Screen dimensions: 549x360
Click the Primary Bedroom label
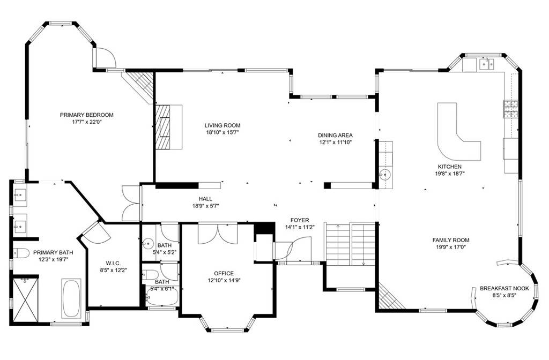click(x=86, y=115)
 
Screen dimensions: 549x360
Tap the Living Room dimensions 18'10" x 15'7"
click(x=222, y=132)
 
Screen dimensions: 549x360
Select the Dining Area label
click(x=335, y=135)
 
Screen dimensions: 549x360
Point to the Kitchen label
click(x=450, y=167)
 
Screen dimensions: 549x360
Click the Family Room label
click(x=450, y=240)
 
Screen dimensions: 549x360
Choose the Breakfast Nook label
click(x=504, y=288)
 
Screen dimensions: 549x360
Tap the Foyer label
click(x=300, y=220)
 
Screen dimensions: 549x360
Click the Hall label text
click(x=205, y=199)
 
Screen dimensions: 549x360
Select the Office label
click(x=224, y=273)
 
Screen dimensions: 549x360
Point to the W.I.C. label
click(x=113, y=263)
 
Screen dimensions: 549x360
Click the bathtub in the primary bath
click(x=71, y=298)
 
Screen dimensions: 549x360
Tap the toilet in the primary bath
click(x=20, y=253)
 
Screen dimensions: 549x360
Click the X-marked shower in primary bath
click(x=25, y=300)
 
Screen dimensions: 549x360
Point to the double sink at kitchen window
click(x=486, y=64)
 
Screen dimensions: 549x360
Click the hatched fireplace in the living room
click(x=162, y=127)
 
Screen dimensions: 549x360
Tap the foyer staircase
click(x=351, y=244)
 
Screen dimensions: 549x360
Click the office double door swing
click(x=218, y=234)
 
